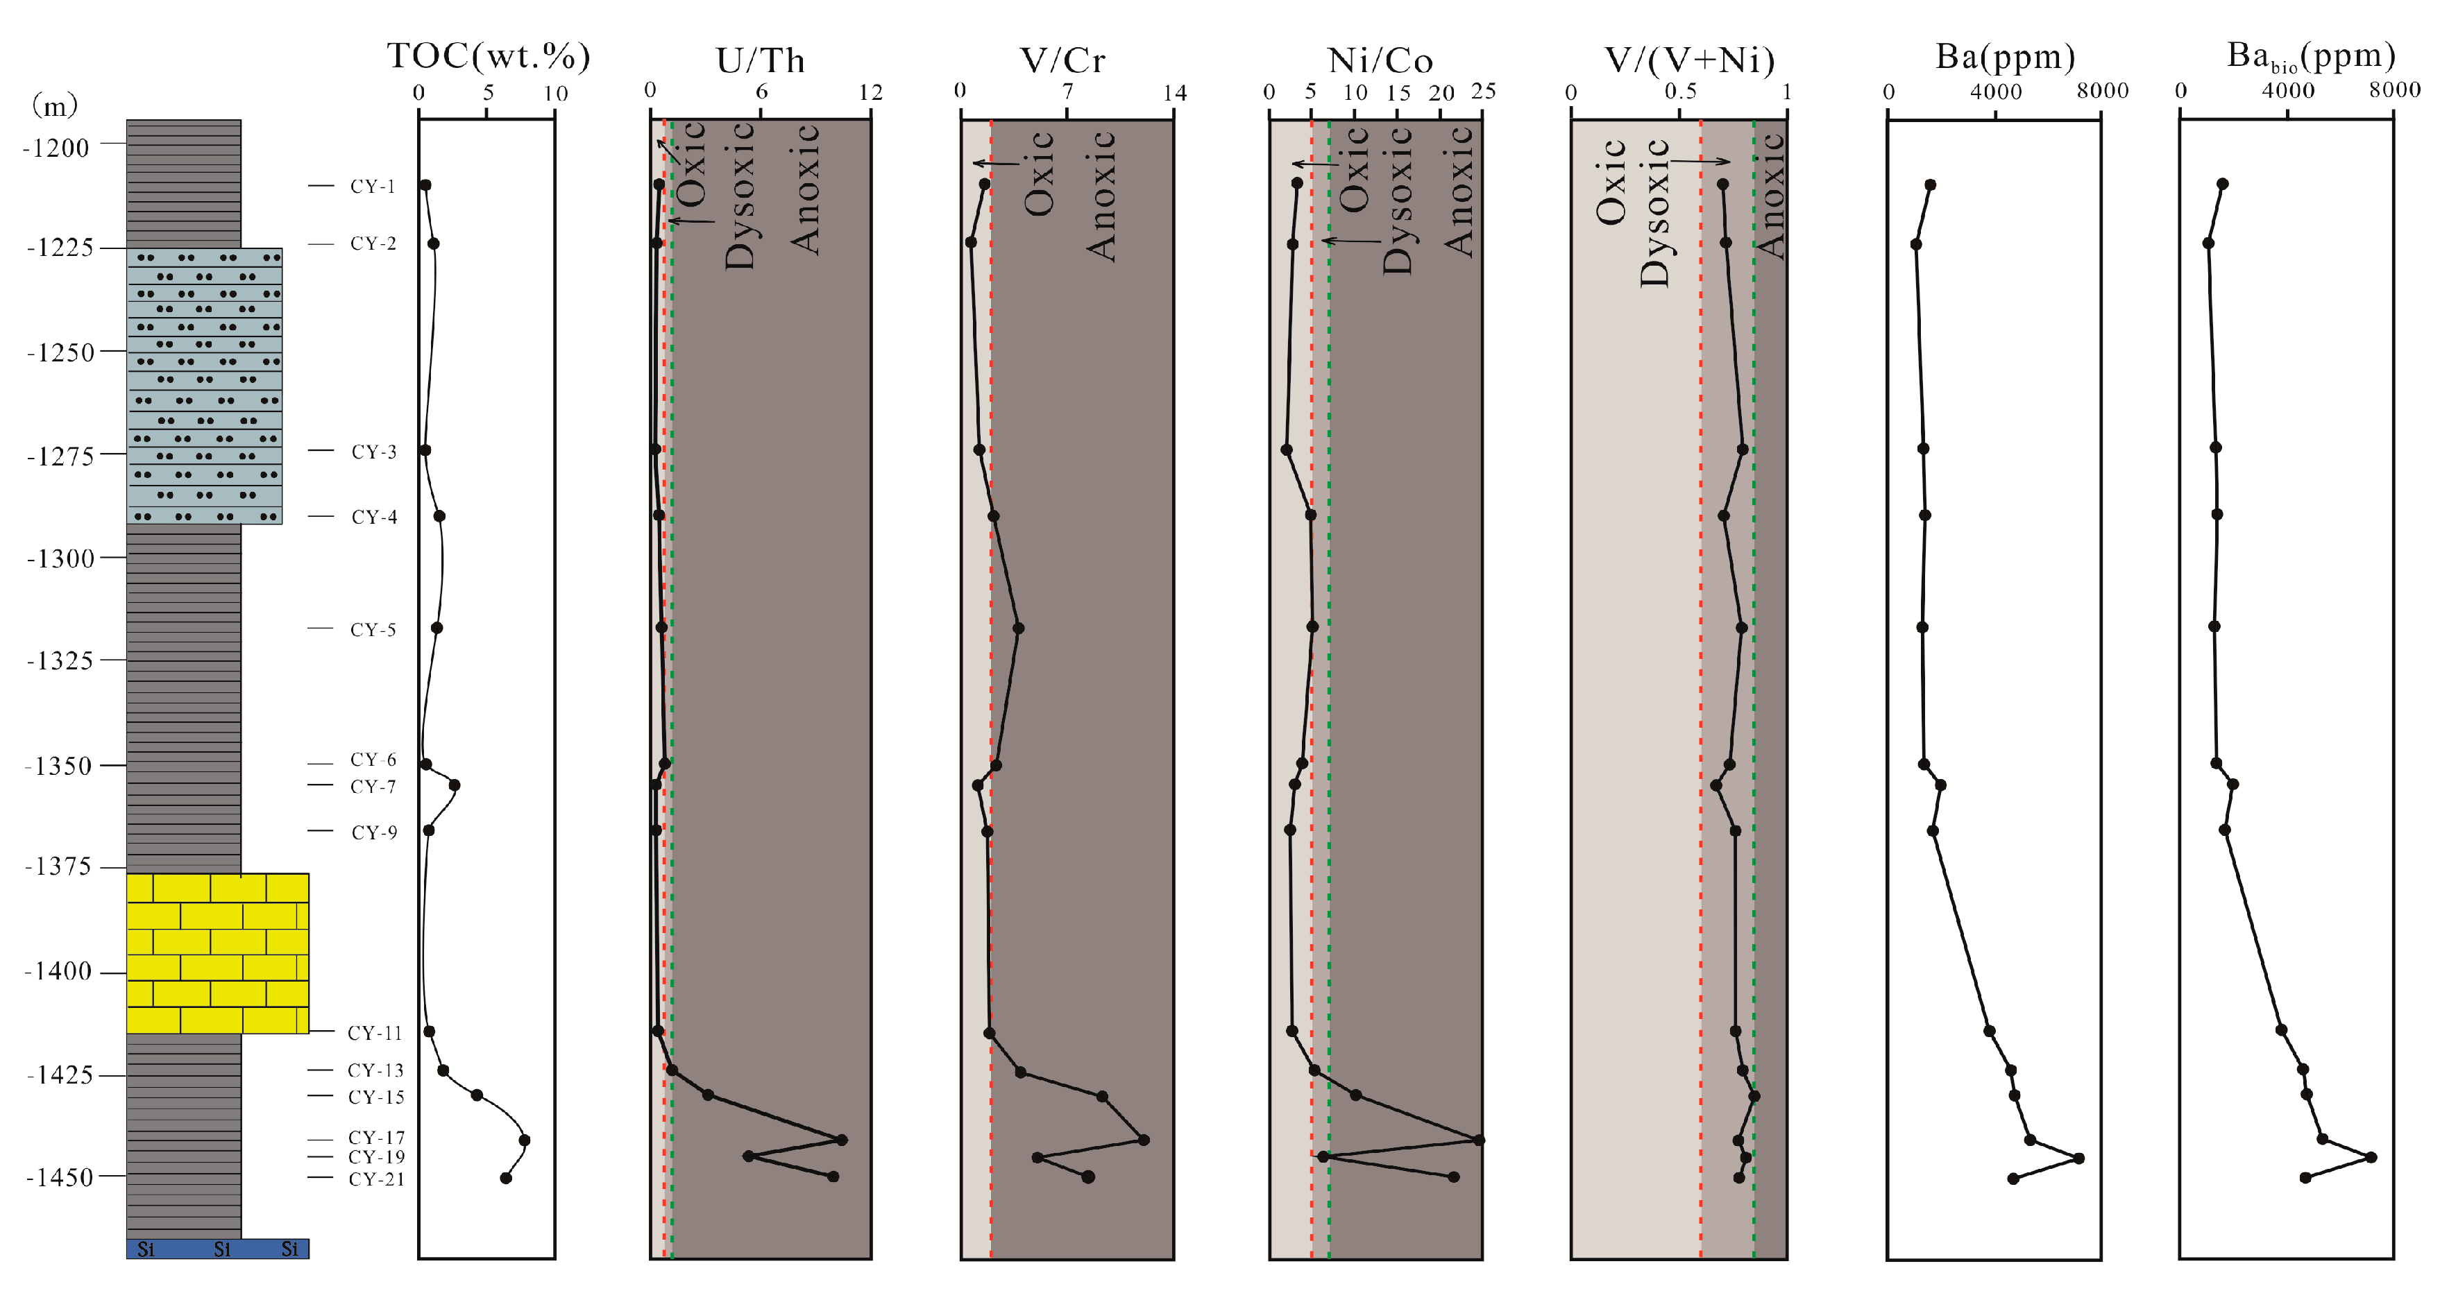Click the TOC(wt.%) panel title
(489, 57)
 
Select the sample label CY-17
(376, 1137)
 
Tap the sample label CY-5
(373, 630)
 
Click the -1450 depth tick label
(60, 1178)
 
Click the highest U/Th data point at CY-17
(842, 1140)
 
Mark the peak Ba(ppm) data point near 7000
(2078, 1158)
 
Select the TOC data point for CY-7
(455, 785)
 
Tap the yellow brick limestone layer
(218, 952)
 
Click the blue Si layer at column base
(218, 1249)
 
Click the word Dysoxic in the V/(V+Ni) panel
(1654, 213)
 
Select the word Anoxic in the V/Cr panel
(1101, 196)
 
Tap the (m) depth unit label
(55, 105)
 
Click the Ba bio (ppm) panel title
(2310, 57)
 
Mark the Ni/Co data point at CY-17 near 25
(1480, 1140)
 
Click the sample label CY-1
(372, 187)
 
